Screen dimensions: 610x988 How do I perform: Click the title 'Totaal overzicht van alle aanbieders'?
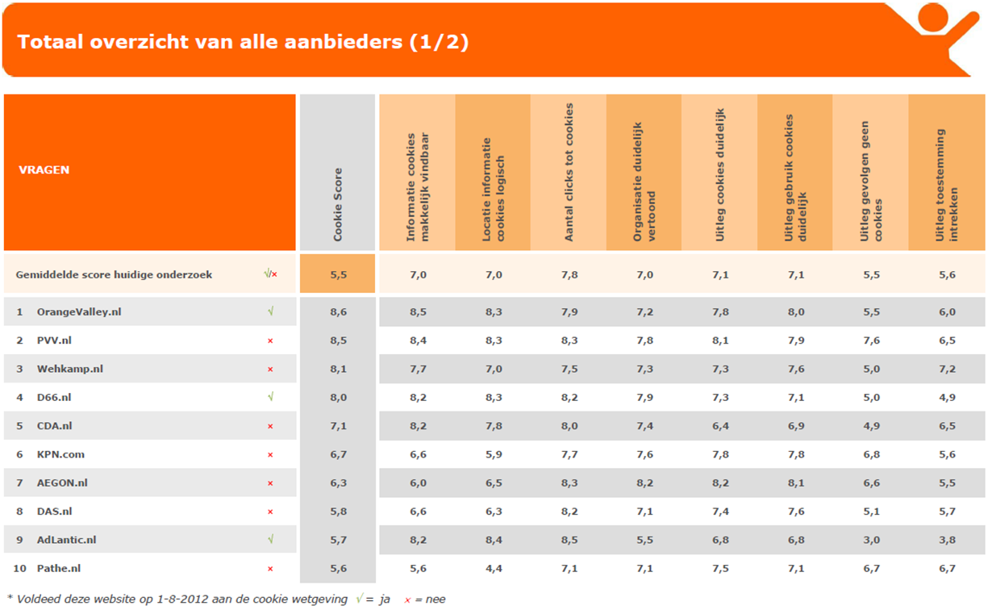pos(243,42)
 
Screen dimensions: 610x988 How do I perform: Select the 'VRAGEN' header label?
pos(44,170)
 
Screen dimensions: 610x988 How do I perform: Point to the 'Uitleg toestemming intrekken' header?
pos(945,186)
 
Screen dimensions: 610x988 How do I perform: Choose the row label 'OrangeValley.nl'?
pos(79,311)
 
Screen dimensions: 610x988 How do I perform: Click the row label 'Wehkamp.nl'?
pos(70,369)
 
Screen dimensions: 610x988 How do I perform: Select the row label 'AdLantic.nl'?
pos(67,540)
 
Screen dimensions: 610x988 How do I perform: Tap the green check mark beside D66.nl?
pos(270,397)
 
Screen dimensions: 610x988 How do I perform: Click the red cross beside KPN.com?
pos(270,454)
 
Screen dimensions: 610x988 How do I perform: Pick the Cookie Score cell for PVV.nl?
pos(338,341)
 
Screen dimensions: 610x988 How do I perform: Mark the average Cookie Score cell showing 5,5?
pos(338,274)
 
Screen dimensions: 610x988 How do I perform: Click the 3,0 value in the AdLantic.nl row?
pos(871,540)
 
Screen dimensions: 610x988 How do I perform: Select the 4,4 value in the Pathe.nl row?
pos(494,568)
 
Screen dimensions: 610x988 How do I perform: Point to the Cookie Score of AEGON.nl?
pos(338,483)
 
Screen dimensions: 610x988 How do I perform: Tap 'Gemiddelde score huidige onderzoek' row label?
pos(114,274)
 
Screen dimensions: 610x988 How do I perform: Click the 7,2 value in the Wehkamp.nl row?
pos(947,369)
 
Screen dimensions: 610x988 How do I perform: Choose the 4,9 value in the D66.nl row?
pos(947,397)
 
